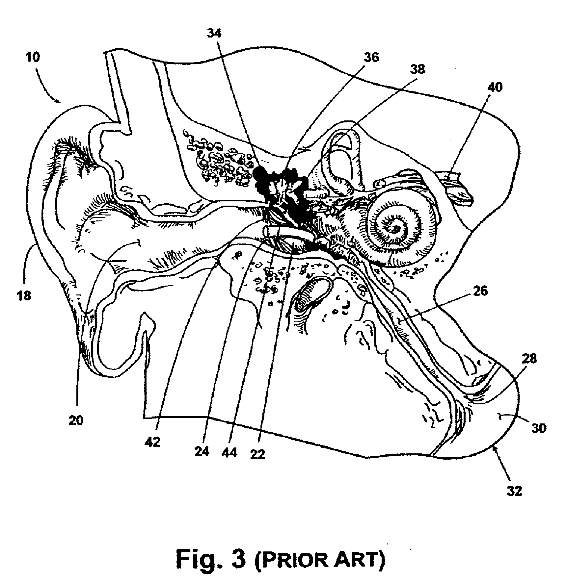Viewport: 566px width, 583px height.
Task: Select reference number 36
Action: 371,57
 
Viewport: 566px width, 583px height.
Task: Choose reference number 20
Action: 76,420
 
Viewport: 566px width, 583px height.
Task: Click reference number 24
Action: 202,452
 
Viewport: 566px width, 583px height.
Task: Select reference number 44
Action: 229,453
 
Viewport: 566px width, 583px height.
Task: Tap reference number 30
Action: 538,428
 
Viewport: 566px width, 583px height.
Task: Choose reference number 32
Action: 514,500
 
